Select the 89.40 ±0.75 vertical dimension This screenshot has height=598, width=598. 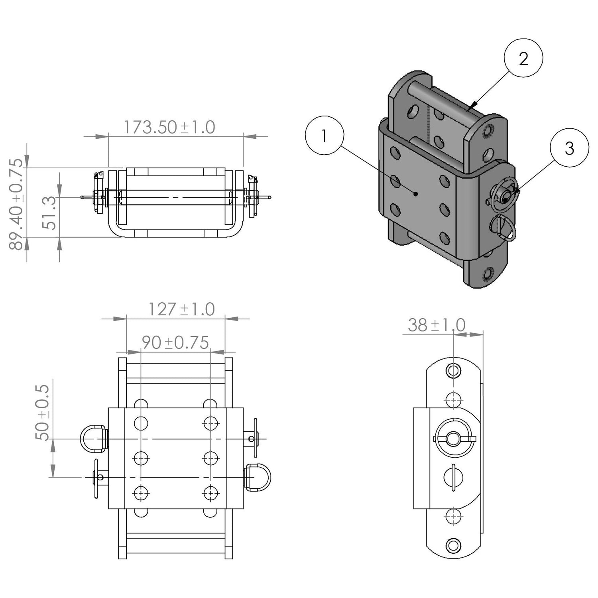(x=17, y=204)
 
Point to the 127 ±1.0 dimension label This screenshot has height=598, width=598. (x=181, y=309)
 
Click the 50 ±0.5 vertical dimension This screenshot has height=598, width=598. (x=42, y=412)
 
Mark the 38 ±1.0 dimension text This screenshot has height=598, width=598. (x=437, y=325)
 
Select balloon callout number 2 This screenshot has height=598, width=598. (x=523, y=59)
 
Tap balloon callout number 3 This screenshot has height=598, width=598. (x=569, y=148)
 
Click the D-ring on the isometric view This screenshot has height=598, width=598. (x=503, y=228)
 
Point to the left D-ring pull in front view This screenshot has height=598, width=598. (x=93, y=439)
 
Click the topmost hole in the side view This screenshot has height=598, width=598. (x=453, y=370)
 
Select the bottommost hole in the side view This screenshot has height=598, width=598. (x=453, y=545)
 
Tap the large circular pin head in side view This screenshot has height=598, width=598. (x=453, y=439)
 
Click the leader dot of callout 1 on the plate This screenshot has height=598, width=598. (x=416, y=194)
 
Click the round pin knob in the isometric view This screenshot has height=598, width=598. (x=506, y=196)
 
